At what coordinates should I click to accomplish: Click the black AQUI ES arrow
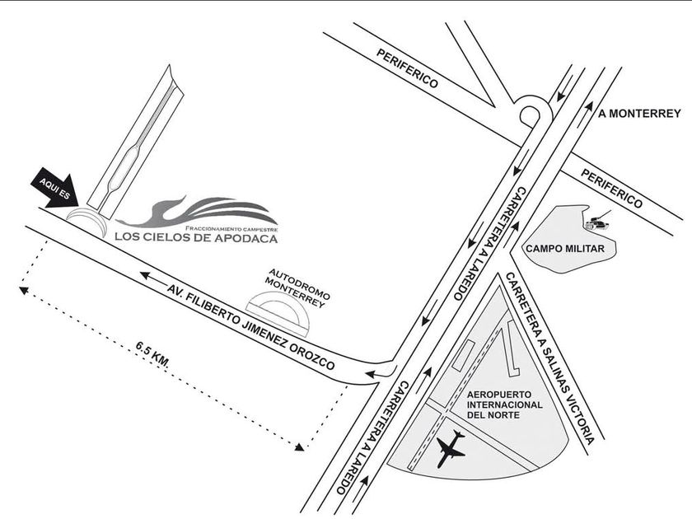(x=55, y=190)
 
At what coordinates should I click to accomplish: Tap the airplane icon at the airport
(x=450, y=449)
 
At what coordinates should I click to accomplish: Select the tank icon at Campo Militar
(x=597, y=221)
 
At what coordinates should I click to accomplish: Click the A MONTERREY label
(x=639, y=114)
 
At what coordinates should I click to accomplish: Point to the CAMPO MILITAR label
(x=565, y=249)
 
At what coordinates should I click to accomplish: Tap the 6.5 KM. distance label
(x=152, y=354)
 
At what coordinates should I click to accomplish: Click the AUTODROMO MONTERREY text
(x=298, y=288)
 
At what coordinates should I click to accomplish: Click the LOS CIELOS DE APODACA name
(x=196, y=237)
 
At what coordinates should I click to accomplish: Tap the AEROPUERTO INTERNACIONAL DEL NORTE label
(x=505, y=404)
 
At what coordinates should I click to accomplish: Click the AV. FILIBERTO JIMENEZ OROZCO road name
(x=251, y=326)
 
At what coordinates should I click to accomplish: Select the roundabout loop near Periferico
(x=530, y=115)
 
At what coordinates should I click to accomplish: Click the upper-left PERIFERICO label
(x=407, y=68)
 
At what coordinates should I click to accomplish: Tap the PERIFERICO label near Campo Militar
(x=611, y=189)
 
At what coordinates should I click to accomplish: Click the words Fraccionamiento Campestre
(x=231, y=229)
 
